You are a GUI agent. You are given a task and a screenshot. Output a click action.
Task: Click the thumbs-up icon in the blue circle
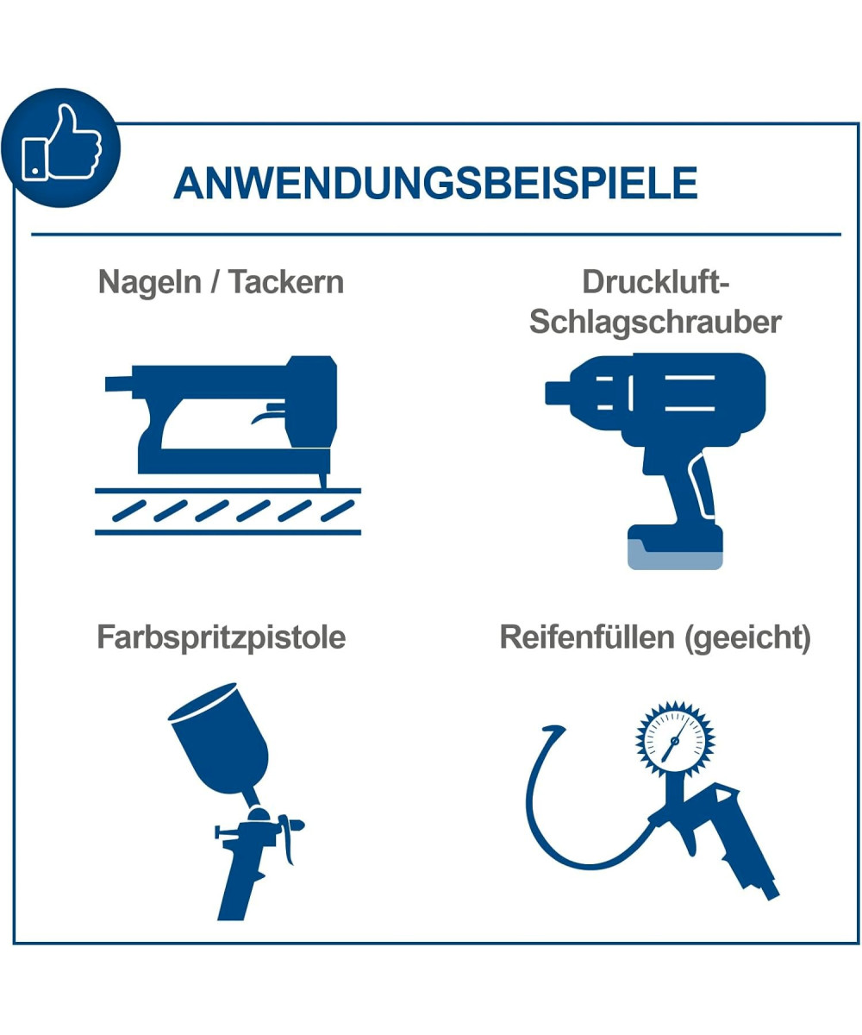coord(62,142)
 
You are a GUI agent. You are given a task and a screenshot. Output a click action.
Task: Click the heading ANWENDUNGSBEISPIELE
coord(435,183)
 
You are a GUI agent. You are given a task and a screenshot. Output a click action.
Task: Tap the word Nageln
coord(150,283)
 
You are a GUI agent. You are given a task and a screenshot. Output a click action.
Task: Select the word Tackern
coord(286,282)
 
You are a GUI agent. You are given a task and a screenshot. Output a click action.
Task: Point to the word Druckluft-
coord(656,282)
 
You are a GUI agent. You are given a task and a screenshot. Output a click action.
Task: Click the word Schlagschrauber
coord(655,323)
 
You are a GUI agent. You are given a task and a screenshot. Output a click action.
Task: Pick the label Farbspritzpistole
coord(221,637)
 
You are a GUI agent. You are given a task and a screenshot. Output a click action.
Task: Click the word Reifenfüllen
coord(587,637)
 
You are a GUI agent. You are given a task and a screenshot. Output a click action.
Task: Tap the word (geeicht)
coord(748,637)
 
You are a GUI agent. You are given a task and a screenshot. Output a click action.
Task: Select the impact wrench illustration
coord(655,461)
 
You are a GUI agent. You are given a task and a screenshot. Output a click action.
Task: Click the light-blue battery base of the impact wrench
coord(675,557)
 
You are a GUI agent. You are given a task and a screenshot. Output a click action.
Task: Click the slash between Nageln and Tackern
coord(215,282)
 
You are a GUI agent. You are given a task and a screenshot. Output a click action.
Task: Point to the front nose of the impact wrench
coord(558,393)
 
